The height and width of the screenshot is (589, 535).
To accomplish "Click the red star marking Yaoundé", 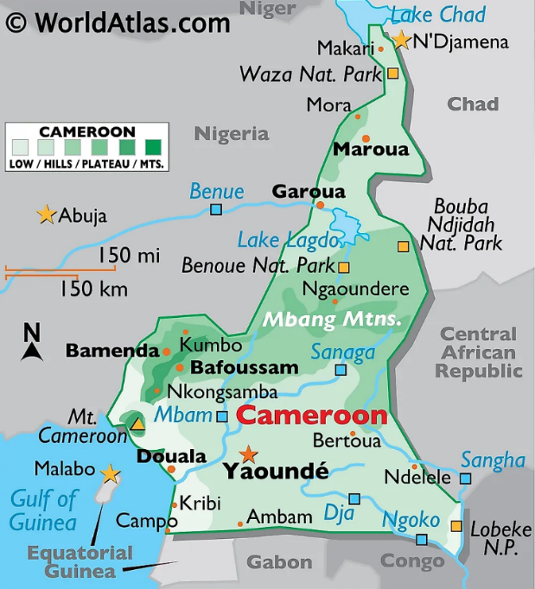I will coord(249,453).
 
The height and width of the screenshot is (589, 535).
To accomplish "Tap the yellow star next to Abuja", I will coord(46,214).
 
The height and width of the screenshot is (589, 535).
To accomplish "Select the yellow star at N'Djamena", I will coord(401,40).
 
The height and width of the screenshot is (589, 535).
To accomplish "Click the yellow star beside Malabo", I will coord(110,473).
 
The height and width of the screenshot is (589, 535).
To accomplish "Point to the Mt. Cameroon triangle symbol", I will coord(137,422).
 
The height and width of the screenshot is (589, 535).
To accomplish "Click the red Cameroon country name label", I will coord(311,415).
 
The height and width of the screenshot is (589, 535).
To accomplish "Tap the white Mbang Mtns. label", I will coord(333,319).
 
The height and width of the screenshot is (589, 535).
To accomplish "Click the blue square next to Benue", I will coord(216,209).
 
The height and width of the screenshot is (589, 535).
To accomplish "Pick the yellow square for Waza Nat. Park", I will coord(392,74).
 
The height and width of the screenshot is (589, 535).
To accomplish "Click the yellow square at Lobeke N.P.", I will coord(456,526).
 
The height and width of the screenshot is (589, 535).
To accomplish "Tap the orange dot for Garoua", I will coord(320,206).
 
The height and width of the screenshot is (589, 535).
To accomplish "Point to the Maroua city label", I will coord(371,149).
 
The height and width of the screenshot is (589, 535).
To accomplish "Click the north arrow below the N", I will coord(32,350).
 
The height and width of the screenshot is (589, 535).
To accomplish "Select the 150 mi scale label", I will coord(129,256).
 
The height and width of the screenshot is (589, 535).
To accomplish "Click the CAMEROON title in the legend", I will coord(87,132).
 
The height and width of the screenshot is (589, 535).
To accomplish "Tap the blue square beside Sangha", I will coord(466,478).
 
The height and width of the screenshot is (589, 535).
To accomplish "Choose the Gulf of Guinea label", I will coord(43,510).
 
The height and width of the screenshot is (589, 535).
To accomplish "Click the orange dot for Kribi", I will coord(175,505).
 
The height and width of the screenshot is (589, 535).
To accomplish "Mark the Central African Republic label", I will coord(479,352).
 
